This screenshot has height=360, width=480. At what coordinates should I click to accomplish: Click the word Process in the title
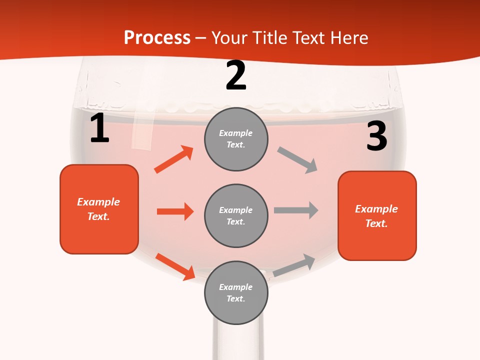pos(157,37)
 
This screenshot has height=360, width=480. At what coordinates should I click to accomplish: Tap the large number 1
pos(99,128)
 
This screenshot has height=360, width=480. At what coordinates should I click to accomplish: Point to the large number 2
pos(236,75)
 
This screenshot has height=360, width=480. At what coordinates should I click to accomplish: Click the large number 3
pos(376,136)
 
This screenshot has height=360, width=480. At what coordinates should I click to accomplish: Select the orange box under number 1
pos(99,209)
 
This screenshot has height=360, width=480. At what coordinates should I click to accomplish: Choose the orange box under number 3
pos(377,216)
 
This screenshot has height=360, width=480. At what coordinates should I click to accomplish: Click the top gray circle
pos(236,139)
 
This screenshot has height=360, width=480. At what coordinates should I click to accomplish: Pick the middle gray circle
pos(236,215)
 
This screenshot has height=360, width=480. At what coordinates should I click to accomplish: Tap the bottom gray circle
pos(236,292)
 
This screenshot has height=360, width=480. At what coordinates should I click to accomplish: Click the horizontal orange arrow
pos(175,211)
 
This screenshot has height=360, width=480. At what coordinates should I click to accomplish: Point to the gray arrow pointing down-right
pos(297,160)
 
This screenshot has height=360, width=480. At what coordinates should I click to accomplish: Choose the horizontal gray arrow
pos(296,210)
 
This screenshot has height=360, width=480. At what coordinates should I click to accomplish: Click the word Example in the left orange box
pos(98,202)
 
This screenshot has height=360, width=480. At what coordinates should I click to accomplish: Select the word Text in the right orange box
pos(376,223)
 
